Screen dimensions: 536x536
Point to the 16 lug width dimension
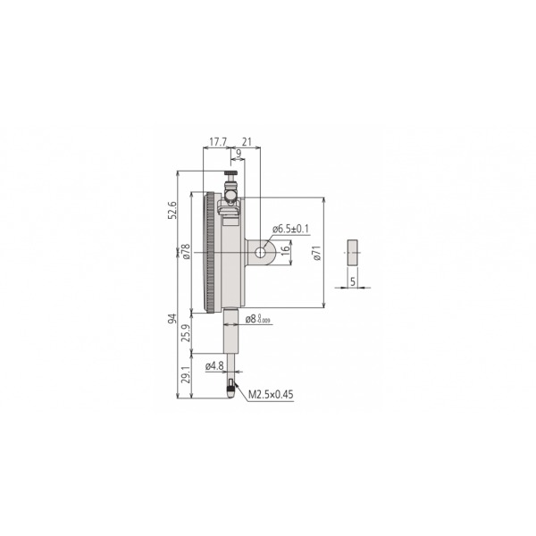click(286, 253)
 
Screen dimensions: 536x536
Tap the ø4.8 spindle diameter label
click(214, 365)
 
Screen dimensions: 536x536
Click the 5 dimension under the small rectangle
click(353, 281)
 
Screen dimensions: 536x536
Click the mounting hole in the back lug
click(260, 254)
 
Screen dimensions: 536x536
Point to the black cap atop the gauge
click(230, 175)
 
